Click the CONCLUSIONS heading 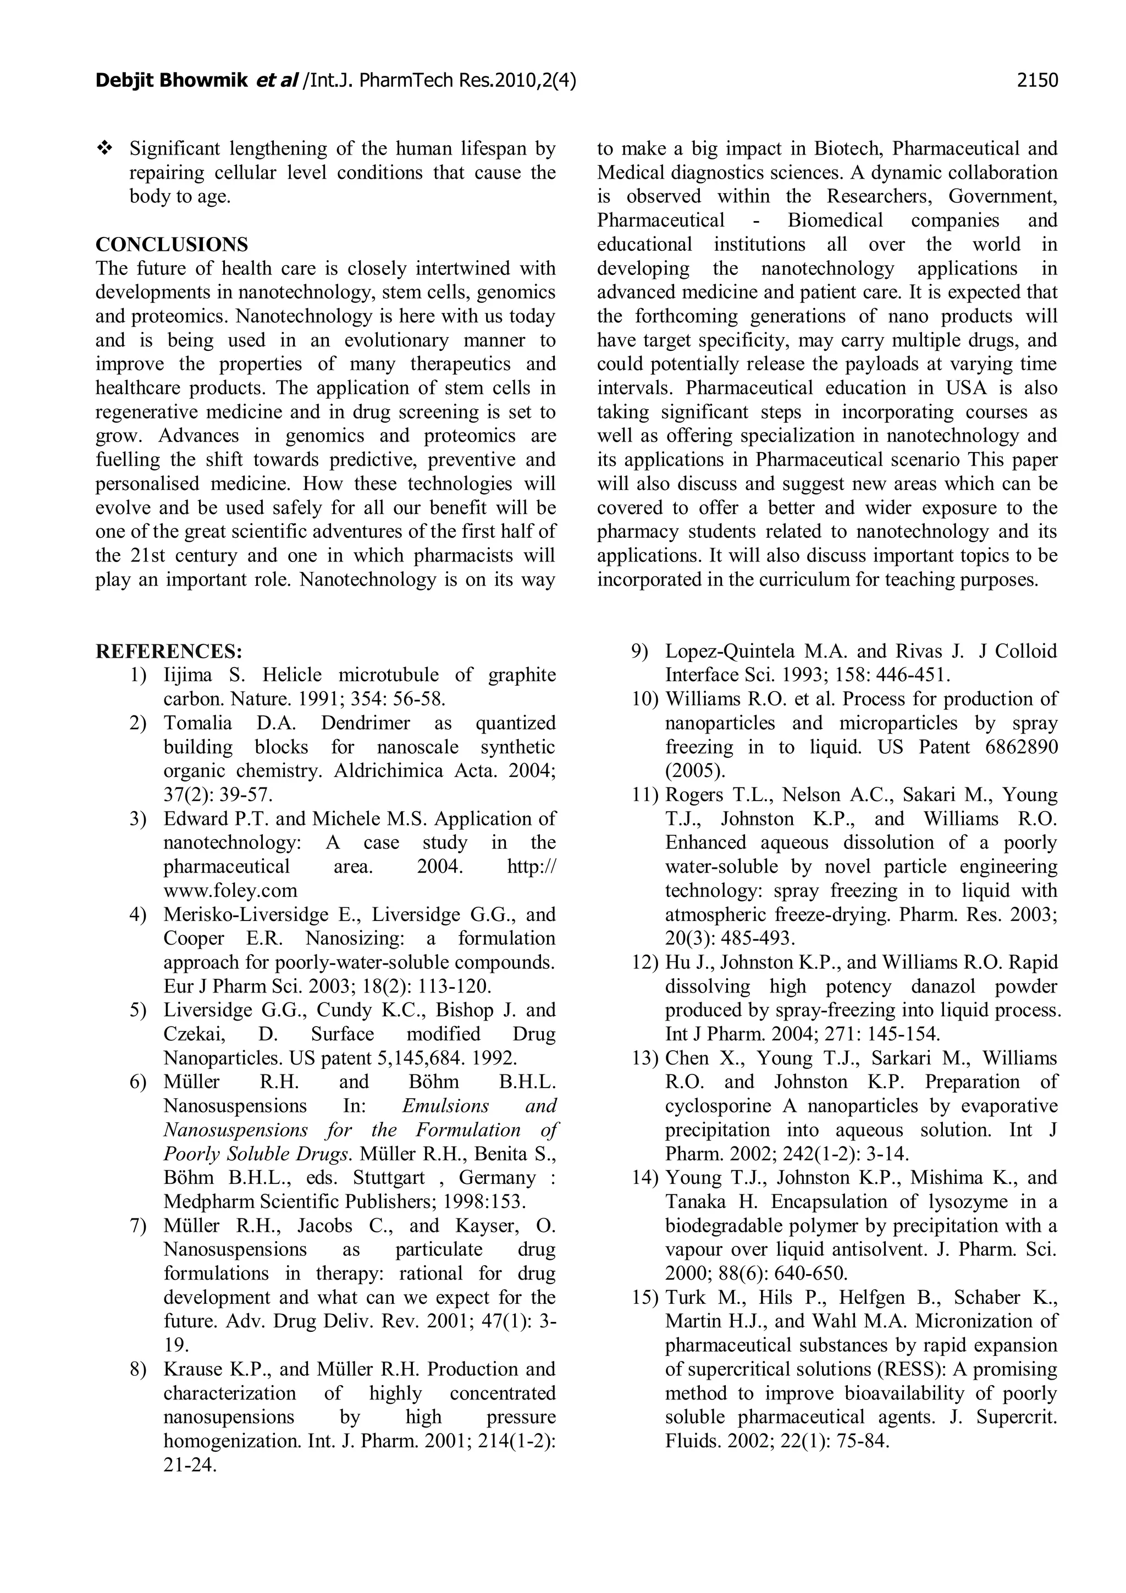point(172,244)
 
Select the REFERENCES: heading point(169,652)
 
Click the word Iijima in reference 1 point(184,675)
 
